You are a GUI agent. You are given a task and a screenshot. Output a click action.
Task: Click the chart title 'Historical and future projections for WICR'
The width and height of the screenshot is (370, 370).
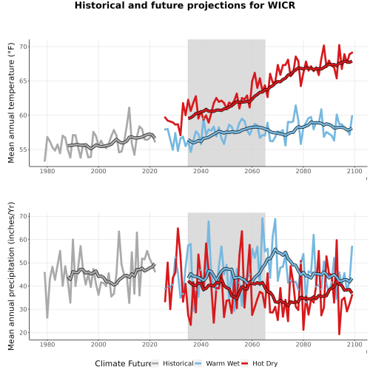(x=185, y=5)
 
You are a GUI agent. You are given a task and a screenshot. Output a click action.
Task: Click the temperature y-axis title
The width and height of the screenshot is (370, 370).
(x=11, y=103)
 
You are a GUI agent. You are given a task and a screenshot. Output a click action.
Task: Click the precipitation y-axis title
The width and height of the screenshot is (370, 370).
(x=11, y=276)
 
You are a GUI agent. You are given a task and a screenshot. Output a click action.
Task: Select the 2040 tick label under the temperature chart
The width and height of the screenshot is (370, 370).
(x=201, y=171)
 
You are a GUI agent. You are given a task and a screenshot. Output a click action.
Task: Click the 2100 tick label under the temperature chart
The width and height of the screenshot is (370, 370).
(x=354, y=171)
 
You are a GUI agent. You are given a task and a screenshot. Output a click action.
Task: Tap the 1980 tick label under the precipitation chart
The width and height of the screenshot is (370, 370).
(x=47, y=344)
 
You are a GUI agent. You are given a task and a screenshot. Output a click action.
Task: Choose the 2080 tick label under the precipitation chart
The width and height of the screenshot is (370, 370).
(x=303, y=344)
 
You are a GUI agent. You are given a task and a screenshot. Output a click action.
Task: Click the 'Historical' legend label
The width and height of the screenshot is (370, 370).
(x=178, y=363)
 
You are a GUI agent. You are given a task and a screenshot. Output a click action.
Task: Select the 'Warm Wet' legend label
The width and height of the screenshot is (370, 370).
(x=223, y=363)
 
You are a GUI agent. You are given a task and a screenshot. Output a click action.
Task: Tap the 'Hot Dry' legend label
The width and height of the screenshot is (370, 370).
(x=265, y=364)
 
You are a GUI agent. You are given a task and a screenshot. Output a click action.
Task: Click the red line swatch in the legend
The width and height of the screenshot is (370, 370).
(x=244, y=363)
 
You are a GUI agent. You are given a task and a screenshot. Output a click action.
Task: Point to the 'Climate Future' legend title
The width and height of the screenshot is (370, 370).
(x=123, y=363)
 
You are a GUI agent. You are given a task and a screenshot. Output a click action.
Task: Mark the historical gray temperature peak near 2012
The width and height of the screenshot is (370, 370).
(x=129, y=107)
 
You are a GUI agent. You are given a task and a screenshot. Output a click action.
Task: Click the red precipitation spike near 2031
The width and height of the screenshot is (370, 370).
(x=178, y=229)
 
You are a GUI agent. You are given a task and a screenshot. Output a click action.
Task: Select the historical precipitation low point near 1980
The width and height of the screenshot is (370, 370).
(x=47, y=317)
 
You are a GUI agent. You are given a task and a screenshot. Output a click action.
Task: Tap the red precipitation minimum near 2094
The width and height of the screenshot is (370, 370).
(x=340, y=334)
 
